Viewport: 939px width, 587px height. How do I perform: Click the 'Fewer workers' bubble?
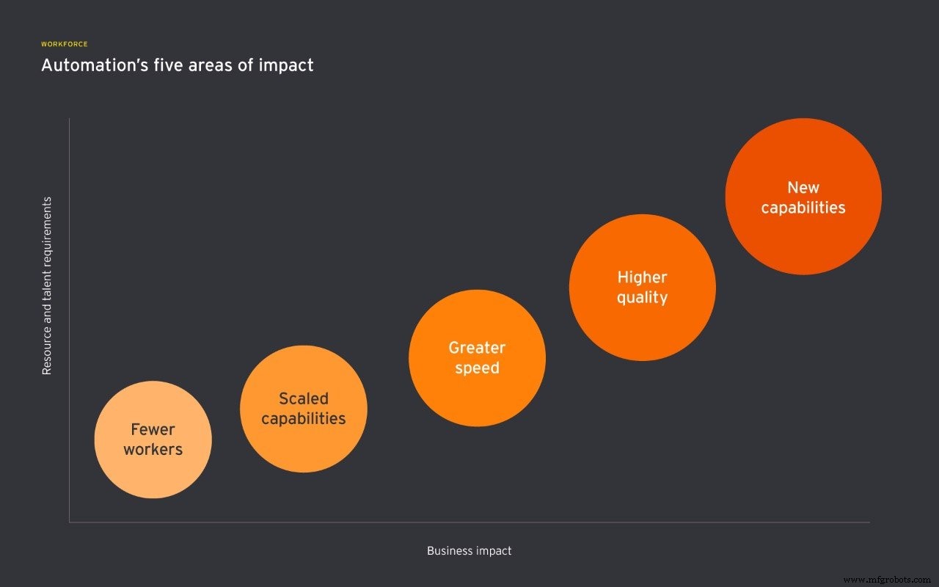153,470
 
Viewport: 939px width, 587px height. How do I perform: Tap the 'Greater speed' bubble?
477,396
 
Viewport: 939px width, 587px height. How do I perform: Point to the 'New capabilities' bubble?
803,235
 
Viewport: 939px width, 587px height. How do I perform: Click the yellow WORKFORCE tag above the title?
65,44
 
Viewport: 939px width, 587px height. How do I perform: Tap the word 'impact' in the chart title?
289,65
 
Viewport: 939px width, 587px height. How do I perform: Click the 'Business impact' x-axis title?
469,550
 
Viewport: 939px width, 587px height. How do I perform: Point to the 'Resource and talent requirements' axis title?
47,285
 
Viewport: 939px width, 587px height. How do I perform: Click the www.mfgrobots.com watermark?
887,580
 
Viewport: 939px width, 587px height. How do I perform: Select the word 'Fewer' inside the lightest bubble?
153,429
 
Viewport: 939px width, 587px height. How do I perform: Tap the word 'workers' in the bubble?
153,449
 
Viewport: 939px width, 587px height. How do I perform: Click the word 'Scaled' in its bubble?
303,398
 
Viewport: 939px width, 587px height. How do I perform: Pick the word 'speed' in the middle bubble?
477,368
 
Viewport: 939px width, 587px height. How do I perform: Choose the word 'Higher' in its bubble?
642,277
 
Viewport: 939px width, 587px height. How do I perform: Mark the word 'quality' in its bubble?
642,297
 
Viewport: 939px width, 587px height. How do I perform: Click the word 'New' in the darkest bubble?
803,188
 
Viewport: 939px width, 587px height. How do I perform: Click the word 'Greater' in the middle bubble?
477,347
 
